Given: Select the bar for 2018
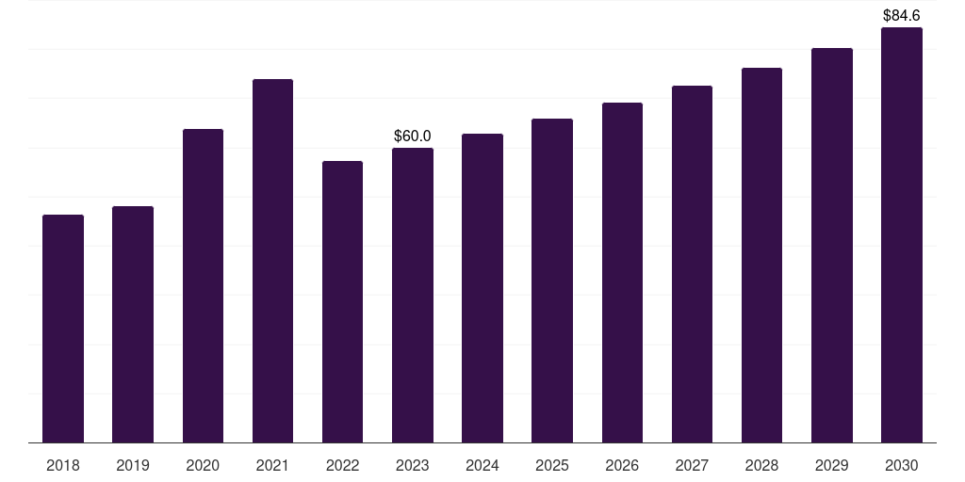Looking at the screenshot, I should coord(63,329).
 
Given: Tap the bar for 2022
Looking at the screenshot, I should coord(342,301).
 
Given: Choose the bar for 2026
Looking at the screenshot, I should coord(622,272).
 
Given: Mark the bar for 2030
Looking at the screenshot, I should coord(902,234).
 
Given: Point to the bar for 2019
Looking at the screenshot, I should coord(133,324).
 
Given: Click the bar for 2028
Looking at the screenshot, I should coord(761,255).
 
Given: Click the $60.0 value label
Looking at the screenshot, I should coord(413,137).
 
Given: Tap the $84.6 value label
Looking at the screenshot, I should coord(902,15).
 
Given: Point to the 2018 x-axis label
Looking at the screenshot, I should coord(63,465).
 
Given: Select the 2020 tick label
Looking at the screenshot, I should coord(203,465).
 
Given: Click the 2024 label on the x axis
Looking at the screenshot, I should coord(482,465).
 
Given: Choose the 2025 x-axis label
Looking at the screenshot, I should coord(552,465).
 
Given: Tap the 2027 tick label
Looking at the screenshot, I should coord(692,465).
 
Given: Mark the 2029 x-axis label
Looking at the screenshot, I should coord(832,465).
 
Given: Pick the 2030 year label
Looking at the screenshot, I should coord(902,465).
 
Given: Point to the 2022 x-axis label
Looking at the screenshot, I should coord(342,465).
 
